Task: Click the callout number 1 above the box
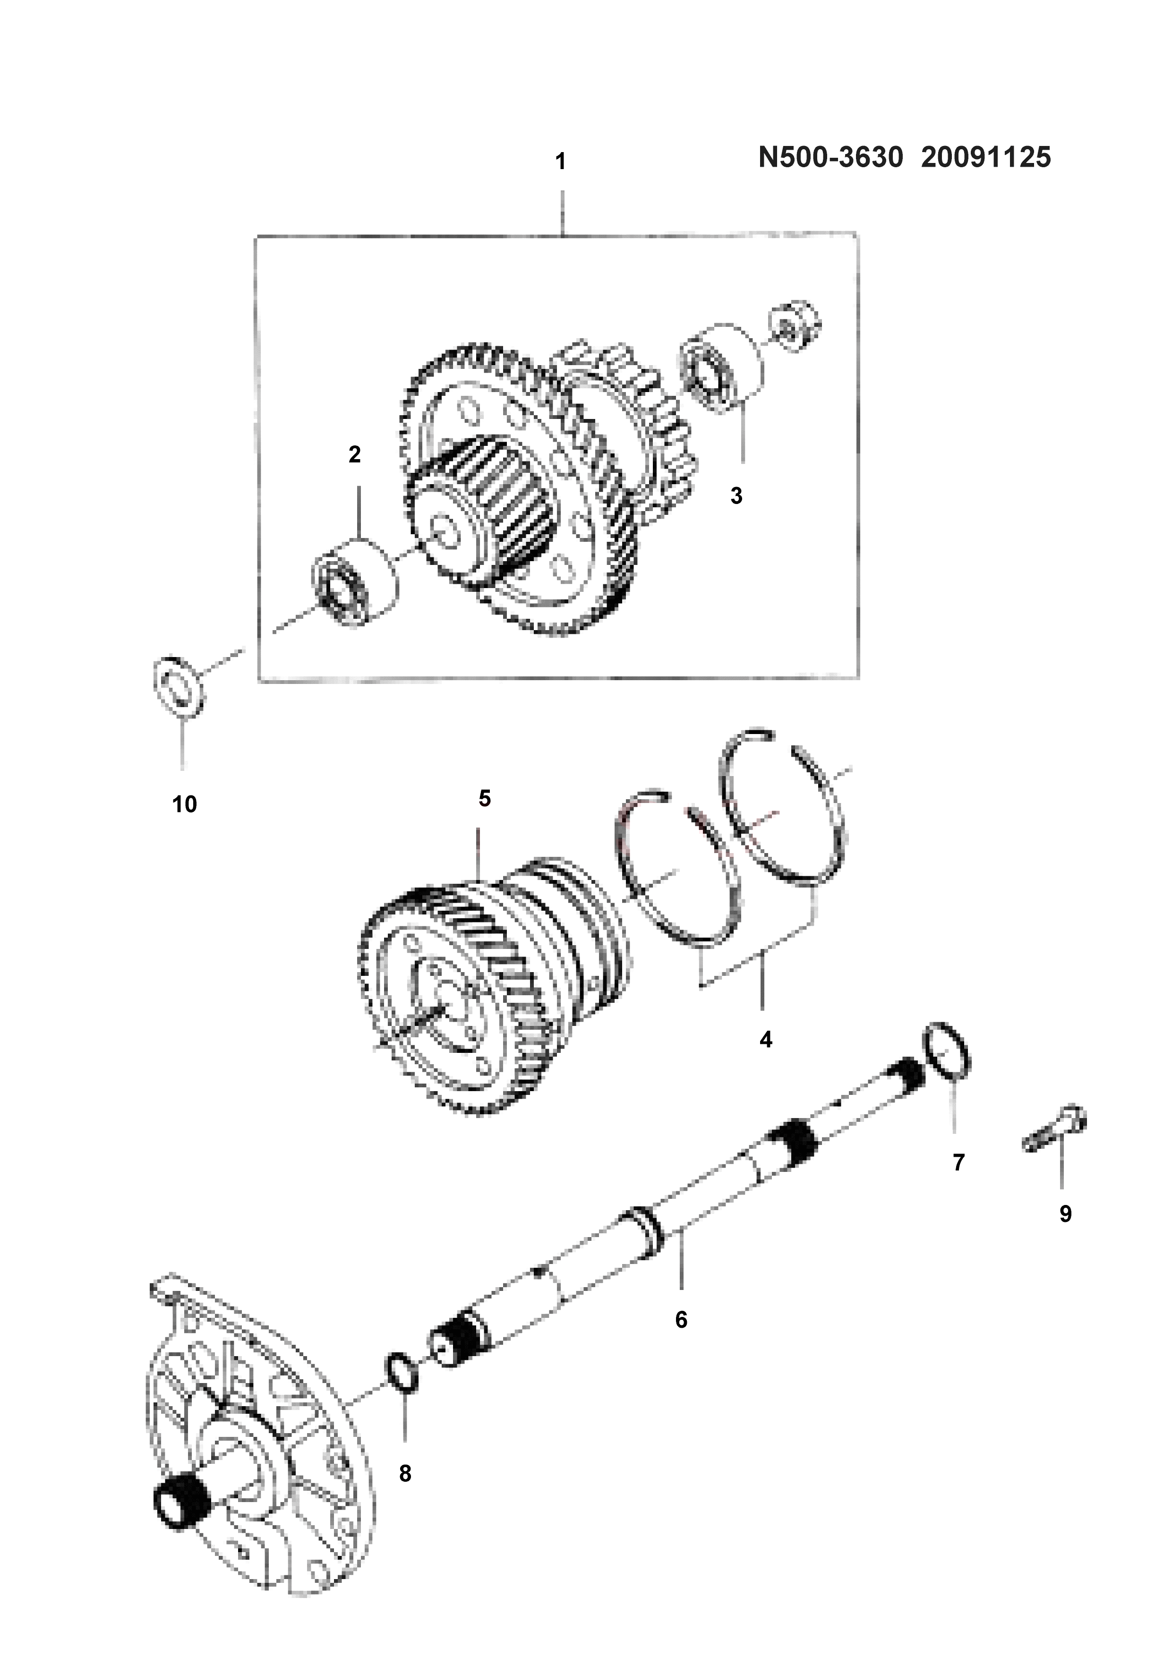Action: pos(560,162)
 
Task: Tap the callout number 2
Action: pos(354,455)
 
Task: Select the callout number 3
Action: pos(736,496)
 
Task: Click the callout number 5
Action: pos(484,798)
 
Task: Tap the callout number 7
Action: pos(959,1162)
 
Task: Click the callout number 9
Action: pos(1065,1214)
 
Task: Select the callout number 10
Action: pos(185,804)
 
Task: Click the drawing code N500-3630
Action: pos(830,157)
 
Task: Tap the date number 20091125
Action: pos(986,157)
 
